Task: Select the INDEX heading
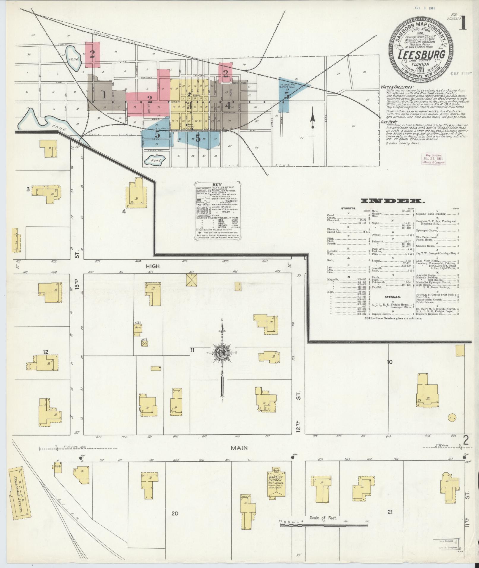(393, 201)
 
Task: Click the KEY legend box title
(218, 184)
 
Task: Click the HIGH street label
(153, 266)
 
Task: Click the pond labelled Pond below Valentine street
(154, 161)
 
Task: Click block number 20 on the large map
(175, 513)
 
